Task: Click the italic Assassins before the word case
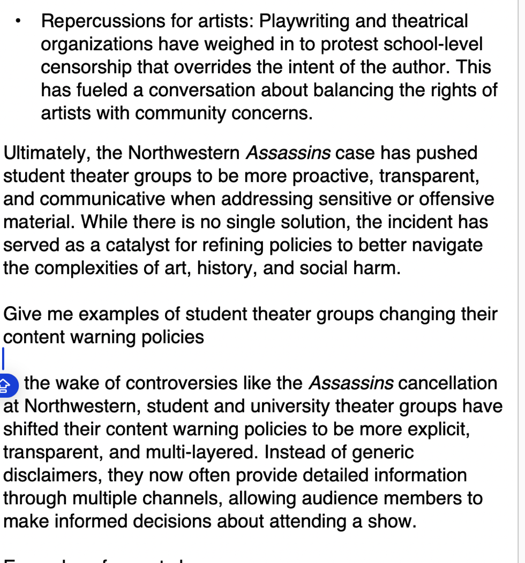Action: (288, 153)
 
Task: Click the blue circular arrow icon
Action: (7, 385)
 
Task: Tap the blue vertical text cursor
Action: (4, 357)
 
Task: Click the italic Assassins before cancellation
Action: (351, 383)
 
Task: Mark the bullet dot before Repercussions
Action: (19, 22)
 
